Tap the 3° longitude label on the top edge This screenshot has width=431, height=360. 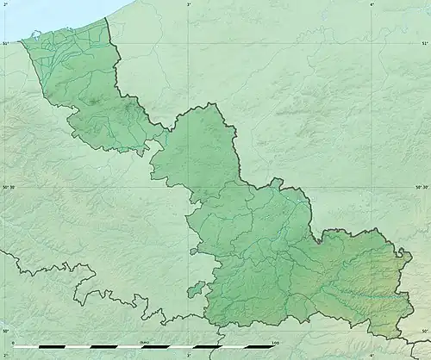189,4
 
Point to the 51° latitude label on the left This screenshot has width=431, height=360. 5,44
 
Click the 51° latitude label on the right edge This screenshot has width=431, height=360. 424,44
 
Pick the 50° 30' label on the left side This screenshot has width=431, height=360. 8,187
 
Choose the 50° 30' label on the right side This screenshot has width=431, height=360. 422,187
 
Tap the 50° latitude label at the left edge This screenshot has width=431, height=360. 5,331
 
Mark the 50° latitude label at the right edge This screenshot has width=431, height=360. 424,331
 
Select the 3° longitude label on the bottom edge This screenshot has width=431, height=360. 188,355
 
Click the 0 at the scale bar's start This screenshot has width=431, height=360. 13,343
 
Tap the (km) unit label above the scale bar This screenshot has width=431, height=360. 143,343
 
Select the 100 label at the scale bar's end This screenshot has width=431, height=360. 274,343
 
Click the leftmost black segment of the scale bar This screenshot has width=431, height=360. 26,348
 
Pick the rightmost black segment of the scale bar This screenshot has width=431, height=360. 261,348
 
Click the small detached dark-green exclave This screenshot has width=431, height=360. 197,289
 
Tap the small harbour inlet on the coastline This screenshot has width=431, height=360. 34,34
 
